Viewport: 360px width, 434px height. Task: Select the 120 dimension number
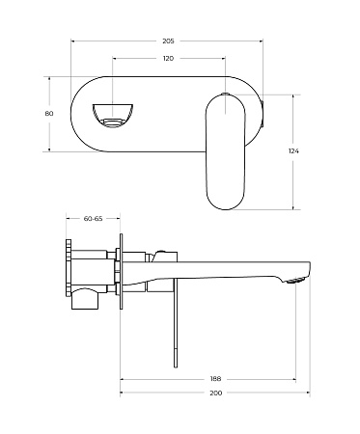click(x=168, y=59)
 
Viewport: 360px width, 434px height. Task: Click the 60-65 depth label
click(x=94, y=219)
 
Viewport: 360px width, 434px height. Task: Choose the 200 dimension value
click(x=214, y=394)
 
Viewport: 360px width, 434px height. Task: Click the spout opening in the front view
click(x=113, y=113)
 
